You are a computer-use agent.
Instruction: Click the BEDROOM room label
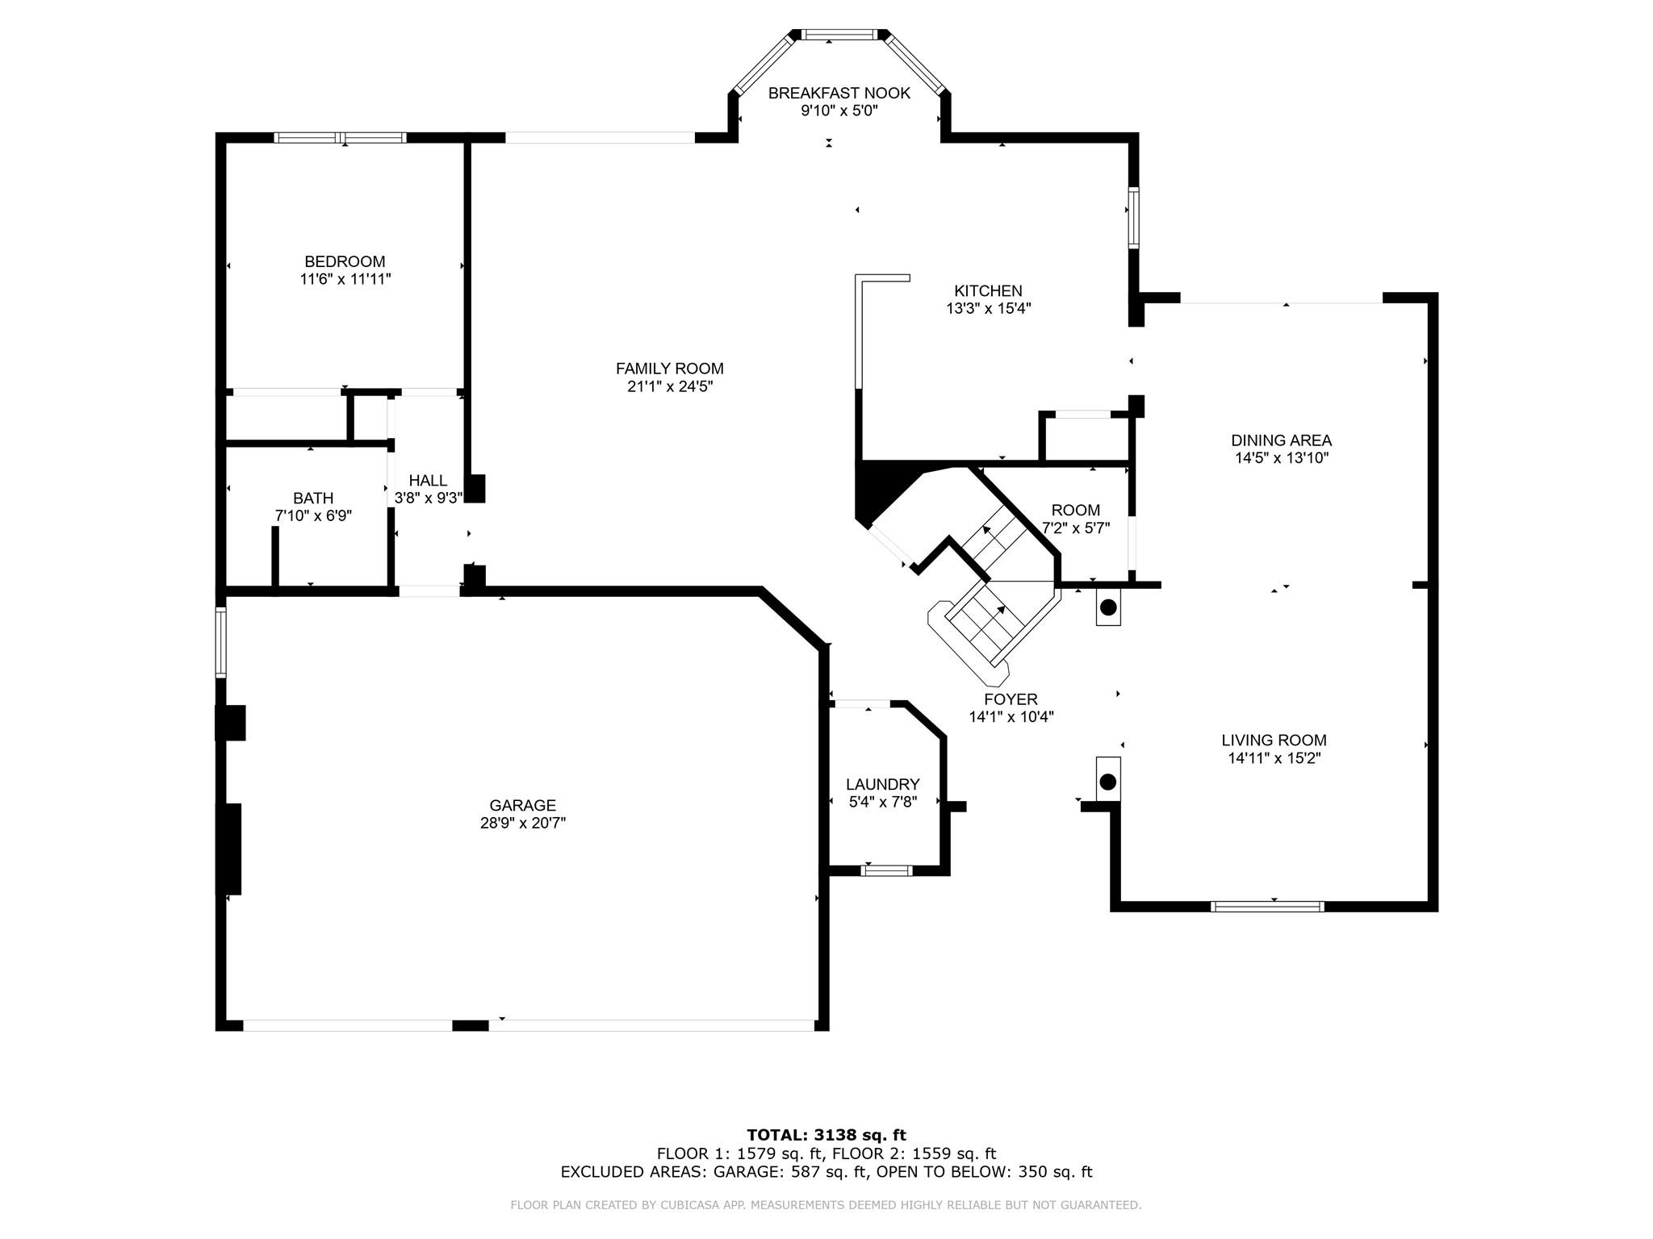[x=345, y=261]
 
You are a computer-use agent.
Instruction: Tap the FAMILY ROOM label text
[x=670, y=369]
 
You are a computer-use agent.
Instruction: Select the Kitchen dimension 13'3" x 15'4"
[x=989, y=308]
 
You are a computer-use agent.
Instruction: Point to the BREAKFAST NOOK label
[x=839, y=93]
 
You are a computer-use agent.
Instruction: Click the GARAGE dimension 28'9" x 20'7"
[x=523, y=823]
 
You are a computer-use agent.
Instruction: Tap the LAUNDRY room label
[x=883, y=785]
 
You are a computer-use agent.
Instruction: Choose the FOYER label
[x=1011, y=699]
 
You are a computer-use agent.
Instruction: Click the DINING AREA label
[x=1282, y=440]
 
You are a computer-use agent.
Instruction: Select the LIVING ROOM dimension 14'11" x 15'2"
[x=1274, y=758]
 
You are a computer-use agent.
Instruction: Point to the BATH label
[x=313, y=499]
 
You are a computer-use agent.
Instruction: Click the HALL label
[x=428, y=481]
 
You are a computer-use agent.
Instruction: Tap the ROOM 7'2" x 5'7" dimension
[x=1076, y=528]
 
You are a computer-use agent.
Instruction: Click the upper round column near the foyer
[x=1108, y=607]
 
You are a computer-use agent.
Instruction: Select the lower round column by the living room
[x=1108, y=782]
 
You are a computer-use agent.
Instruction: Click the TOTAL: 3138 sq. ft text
[x=826, y=1136]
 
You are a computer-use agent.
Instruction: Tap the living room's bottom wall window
[x=1268, y=907]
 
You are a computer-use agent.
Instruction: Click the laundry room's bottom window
[x=887, y=870]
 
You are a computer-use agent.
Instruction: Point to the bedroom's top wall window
[x=340, y=138]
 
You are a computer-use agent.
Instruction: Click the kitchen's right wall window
[x=1133, y=217]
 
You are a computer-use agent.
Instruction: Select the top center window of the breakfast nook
[x=839, y=35]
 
